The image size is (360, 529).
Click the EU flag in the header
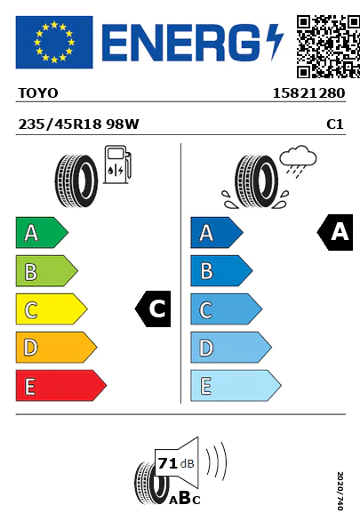(x=54, y=42)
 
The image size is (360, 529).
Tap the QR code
(x=328, y=46)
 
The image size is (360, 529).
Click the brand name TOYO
(x=38, y=93)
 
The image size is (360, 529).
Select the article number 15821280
(x=308, y=93)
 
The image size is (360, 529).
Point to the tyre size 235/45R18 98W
(x=78, y=124)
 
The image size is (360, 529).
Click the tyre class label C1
(x=335, y=124)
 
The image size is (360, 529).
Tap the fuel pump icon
(x=117, y=164)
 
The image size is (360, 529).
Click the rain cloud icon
(x=298, y=161)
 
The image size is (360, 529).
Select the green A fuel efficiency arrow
(x=42, y=232)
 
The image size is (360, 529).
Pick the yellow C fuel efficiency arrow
(x=52, y=309)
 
